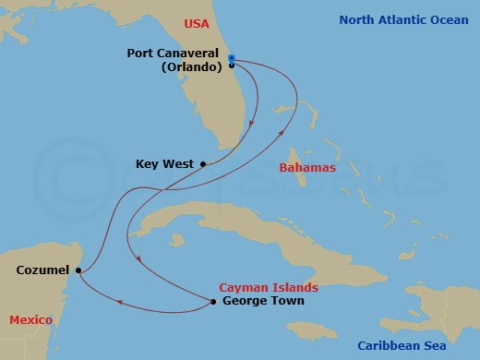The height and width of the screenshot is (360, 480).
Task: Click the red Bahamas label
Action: (306, 170)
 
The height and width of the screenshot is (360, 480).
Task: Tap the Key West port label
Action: (164, 164)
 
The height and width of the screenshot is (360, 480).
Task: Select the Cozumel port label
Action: (42, 270)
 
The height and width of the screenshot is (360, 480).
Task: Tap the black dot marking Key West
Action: (202, 164)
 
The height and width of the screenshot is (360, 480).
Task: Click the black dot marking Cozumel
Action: (78, 270)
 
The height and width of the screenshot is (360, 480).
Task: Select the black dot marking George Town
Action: (213, 302)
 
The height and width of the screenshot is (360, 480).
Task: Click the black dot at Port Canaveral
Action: (231, 66)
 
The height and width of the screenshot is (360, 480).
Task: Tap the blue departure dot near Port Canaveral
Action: (231, 57)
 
